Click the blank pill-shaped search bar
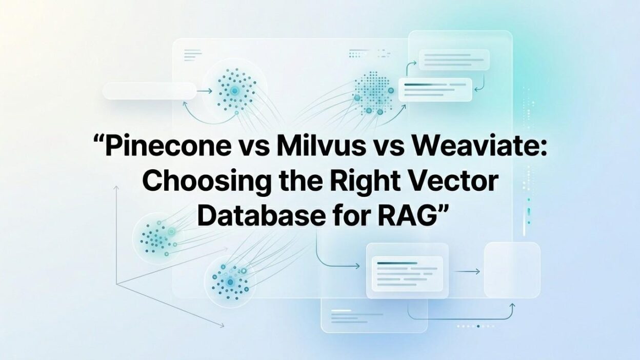tap(149, 91)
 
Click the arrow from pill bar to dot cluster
tap(204, 91)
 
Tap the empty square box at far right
tap(512, 270)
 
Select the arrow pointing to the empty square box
tap(467, 271)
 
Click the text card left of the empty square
tap(407, 270)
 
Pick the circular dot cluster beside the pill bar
tap(235, 90)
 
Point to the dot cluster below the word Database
tap(229, 281)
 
